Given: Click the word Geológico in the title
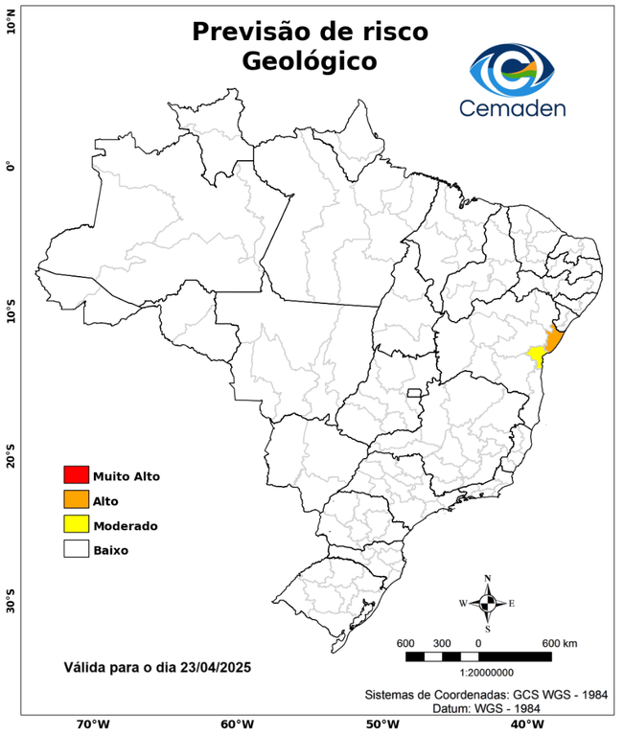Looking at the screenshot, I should (x=310, y=60).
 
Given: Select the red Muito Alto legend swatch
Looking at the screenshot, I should (x=76, y=474).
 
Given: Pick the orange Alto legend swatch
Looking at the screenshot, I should (x=76, y=499).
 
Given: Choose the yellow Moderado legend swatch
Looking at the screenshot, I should (x=76, y=524).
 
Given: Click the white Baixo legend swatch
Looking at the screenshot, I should (x=76, y=549).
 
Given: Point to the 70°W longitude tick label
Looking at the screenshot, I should (x=92, y=724).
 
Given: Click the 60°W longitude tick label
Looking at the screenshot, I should (x=237, y=724).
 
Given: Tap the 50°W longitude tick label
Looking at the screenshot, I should (x=381, y=724).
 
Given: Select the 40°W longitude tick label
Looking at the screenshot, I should (x=524, y=724).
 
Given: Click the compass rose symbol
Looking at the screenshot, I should (x=487, y=603).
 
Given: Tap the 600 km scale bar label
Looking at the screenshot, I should (x=559, y=642).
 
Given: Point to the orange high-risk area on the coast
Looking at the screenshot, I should (x=554, y=341).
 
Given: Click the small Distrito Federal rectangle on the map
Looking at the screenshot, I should (x=414, y=393).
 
